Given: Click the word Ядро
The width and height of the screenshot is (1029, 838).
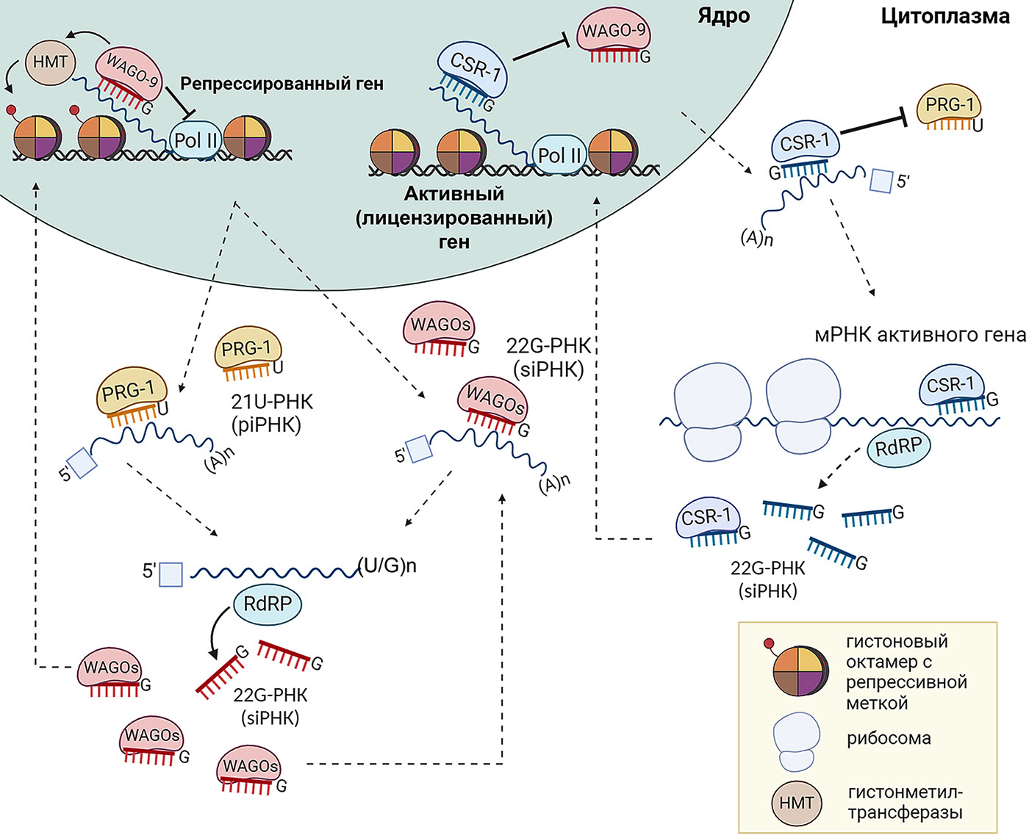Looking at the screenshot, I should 723,16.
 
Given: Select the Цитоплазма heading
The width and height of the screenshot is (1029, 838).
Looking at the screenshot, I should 945,16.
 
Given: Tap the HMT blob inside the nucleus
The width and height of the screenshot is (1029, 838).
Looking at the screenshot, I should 50,62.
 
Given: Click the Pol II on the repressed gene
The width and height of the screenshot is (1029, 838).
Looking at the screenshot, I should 196,140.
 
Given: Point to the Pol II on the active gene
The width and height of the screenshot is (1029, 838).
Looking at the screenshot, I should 559,155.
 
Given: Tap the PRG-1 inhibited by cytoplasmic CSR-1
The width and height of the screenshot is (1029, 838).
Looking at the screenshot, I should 949,105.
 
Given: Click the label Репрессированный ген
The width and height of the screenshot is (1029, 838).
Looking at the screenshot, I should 282,84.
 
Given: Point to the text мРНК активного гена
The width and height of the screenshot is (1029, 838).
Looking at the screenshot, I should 919,335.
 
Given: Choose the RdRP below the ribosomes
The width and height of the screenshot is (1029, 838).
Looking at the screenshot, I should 898,446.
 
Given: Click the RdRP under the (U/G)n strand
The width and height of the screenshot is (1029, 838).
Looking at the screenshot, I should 268,604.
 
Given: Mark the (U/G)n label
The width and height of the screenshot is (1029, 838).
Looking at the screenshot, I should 387,566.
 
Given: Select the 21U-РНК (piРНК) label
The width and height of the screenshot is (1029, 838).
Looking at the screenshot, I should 271,413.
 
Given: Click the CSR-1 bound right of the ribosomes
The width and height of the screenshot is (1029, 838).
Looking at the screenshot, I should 951,385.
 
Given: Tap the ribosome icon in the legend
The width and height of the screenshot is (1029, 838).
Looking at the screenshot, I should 796,742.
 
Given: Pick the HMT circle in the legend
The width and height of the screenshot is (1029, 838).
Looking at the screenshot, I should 797,803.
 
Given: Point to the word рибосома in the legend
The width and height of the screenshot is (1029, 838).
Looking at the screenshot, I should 889,738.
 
